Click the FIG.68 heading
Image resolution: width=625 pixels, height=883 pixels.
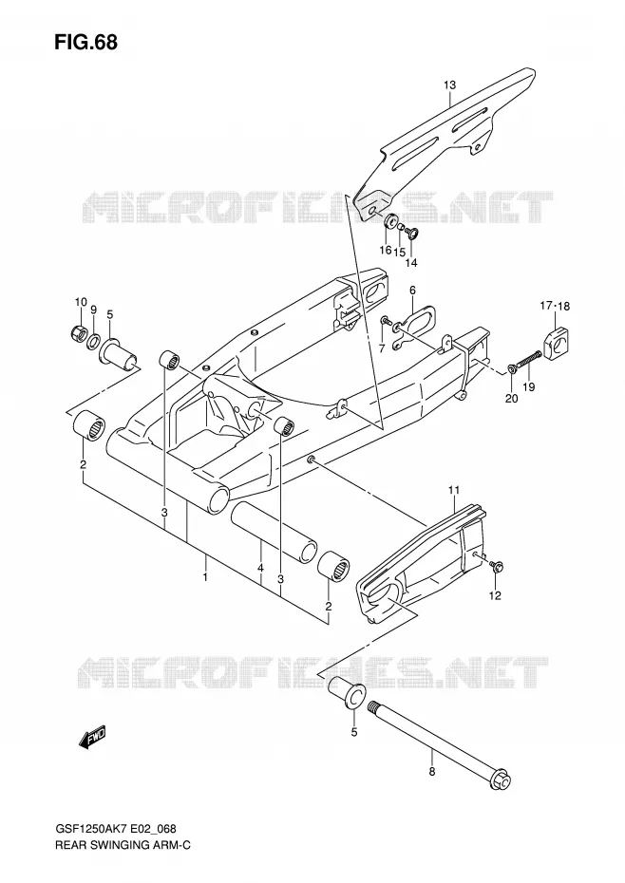pyautogui.click(x=85, y=42)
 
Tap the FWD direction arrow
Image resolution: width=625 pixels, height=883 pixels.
pyautogui.click(x=93, y=737)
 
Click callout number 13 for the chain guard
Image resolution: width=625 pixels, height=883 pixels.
pyautogui.click(x=449, y=85)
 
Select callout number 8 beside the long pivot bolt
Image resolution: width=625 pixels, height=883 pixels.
pyautogui.click(x=431, y=772)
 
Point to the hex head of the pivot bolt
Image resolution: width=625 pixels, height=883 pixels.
pyautogui.click(x=501, y=780)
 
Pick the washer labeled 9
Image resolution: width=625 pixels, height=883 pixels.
pyautogui.click(x=94, y=340)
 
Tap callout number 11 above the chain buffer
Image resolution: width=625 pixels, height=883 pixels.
pyautogui.click(x=454, y=491)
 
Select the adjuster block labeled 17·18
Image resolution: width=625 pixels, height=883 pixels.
pyautogui.click(x=555, y=338)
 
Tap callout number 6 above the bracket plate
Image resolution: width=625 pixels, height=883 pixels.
pyautogui.click(x=412, y=290)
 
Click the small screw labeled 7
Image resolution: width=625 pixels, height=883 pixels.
pyautogui.click(x=386, y=320)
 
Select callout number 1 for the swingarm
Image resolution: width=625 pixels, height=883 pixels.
pyautogui.click(x=206, y=577)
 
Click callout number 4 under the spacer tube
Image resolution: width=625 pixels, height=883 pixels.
pyautogui.click(x=260, y=569)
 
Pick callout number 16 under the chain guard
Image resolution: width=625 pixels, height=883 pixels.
pyautogui.click(x=385, y=250)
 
